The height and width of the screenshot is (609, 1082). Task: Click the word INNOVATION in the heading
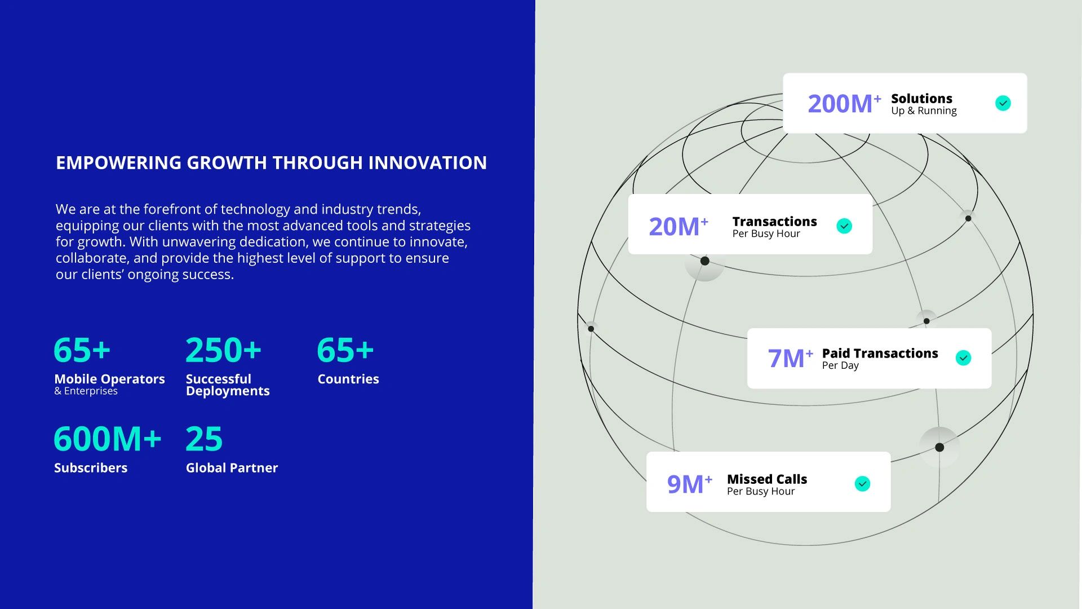click(428, 162)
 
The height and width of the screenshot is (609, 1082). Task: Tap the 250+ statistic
click(224, 350)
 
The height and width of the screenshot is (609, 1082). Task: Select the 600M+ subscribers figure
click(108, 439)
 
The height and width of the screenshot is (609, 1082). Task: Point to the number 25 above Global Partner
click(204, 439)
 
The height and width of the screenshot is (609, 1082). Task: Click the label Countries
click(348, 379)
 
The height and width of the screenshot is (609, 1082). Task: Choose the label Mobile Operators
click(109, 379)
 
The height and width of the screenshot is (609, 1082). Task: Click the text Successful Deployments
click(228, 385)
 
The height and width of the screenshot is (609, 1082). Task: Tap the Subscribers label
click(91, 467)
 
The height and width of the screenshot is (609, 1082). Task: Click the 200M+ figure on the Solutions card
click(844, 103)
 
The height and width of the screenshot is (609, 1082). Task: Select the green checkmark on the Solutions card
click(1003, 103)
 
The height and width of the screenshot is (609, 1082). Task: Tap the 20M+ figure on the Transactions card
click(679, 226)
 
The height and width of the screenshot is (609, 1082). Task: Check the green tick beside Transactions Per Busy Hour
click(844, 226)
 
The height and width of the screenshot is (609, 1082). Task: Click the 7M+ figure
click(790, 358)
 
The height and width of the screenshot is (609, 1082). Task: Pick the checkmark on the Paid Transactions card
click(964, 358)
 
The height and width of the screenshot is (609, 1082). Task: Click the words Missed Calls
click(767, 479)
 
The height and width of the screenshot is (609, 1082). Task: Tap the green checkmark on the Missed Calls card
click(863, 484)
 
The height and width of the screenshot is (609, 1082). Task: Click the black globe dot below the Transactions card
click(705, 261)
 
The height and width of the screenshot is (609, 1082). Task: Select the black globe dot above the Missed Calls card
click(939, 447)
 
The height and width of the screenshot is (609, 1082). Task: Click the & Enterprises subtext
click(86, 391)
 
